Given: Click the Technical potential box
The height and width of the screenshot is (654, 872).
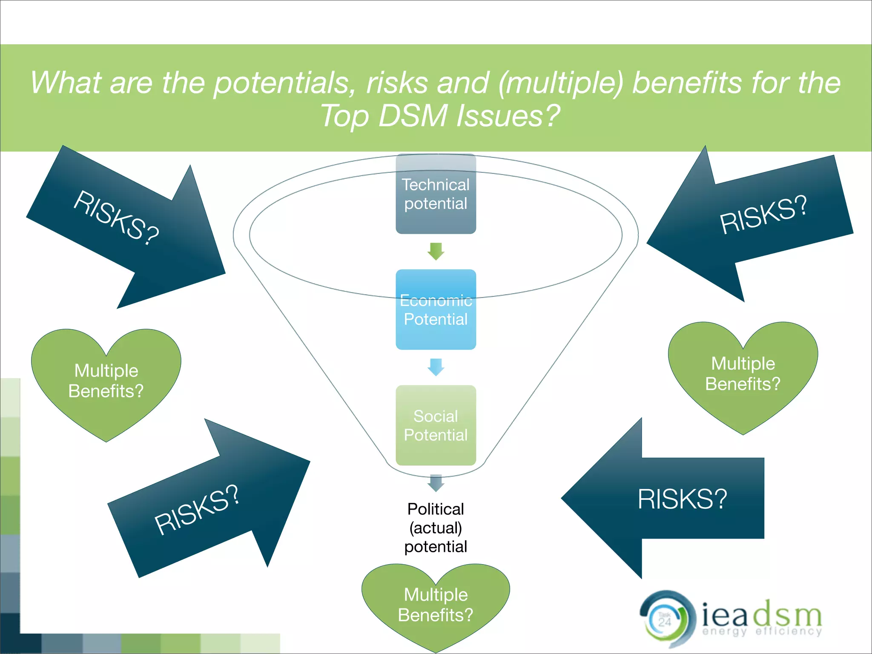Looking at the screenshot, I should (436, 194).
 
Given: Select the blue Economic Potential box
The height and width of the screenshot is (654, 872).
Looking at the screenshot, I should (436, 310).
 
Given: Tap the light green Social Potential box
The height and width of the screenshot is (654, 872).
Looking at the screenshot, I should (436, 425).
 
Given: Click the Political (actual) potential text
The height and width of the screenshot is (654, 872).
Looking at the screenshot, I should (436, 528).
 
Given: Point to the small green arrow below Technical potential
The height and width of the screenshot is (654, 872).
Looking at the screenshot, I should (436, 251).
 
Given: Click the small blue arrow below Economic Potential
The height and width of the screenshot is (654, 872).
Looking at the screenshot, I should (436, 367).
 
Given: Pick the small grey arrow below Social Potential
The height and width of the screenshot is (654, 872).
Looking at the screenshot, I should (436, 483).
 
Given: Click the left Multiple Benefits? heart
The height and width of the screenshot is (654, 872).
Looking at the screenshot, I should (106, 381).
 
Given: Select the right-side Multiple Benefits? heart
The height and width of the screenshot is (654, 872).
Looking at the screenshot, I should (743, 374).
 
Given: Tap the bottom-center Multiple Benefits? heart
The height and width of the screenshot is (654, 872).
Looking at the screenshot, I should (436, 605).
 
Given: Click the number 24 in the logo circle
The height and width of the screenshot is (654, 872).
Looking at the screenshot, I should (665, 622).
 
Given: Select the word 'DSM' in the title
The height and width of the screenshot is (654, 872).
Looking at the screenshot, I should (413, 116).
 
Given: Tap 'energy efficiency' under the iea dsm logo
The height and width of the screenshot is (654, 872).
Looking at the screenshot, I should (762, 631).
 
